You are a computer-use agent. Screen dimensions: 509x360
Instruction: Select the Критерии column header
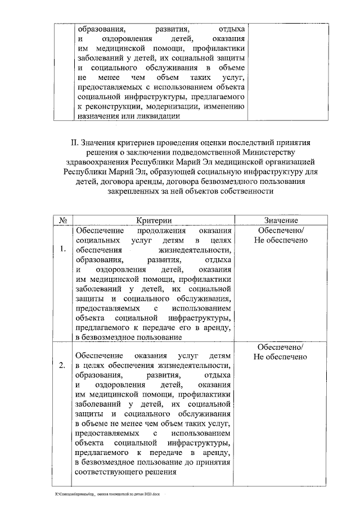coord(153,220)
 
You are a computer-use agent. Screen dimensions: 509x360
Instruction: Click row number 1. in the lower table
coord(62,248)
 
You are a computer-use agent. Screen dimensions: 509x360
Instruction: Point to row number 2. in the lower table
coord(62,366)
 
